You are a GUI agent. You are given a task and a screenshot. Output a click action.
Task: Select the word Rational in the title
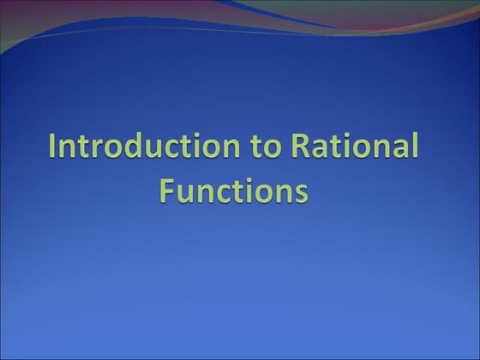tap(355, 147)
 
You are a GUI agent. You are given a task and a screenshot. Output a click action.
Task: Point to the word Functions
tap(233, 189)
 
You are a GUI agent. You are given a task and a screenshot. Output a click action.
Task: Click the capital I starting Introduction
tap(53, 147)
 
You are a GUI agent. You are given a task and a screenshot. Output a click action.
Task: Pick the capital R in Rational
tap(301, 147)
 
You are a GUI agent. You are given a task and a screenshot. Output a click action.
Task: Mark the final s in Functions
tap(300, 191)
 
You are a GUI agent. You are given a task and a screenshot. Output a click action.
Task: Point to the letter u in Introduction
tap(151, 149)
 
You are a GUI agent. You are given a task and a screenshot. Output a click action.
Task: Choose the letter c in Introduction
tap(169, 149)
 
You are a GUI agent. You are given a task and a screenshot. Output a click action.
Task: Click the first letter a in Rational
tap(321, 149)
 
